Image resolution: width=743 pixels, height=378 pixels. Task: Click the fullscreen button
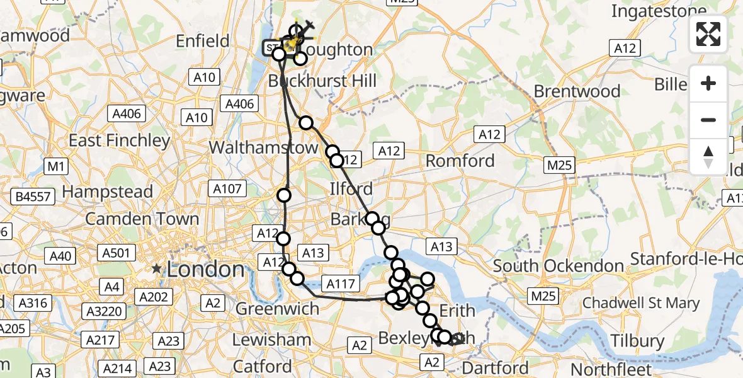pyautogui.click(x=708, y=34)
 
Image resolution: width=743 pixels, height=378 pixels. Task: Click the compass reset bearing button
pyautogui.click(x=708, y=157)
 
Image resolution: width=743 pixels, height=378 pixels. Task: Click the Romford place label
pyautogui.click(x=460, y=161)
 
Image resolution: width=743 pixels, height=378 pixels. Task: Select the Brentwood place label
pyautogui.click(x=577, y=91)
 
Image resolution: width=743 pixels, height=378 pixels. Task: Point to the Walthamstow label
pyautogui.click(x=264, y=147)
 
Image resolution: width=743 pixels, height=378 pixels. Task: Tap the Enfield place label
pyautogui.click(x=203, y=42)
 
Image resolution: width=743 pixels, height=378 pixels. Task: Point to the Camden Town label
pyautogui.click(x=142, y=219)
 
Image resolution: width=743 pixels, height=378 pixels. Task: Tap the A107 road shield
pyautogui.click(x=227, y=189)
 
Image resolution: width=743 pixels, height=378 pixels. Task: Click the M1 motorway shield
pyautogui.click(x=56, y=166)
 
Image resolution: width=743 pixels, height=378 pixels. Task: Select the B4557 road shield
pyautogui.click(x=33, y=197)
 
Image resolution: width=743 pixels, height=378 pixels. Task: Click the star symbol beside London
pyautogui.click(x=156, y=269)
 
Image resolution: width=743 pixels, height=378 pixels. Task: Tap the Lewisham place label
pyautogui.click(x=271, y=340)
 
